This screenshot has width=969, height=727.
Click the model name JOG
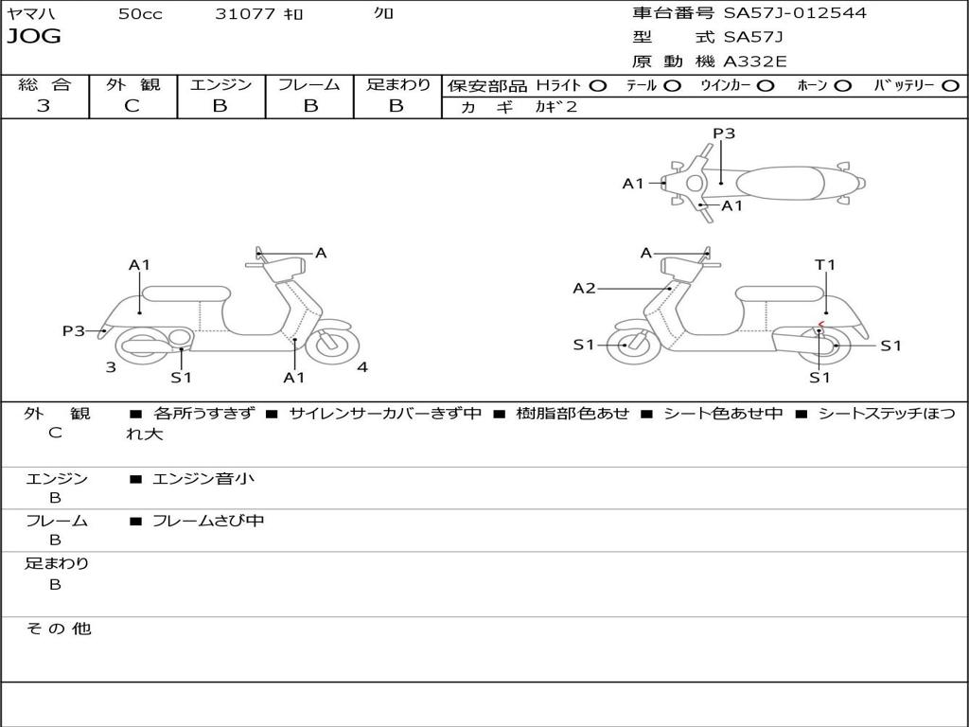(x=34, y=37)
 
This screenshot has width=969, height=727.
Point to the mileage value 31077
(x=245, y=14)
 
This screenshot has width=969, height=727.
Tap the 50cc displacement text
(x=140, y=14)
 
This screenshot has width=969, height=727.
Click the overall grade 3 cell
(x=44, y=106)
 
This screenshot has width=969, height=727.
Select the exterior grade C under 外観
(x=132, y=106)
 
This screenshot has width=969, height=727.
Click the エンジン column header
(x=220, y=85)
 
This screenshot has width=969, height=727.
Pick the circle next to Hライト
(x=598, y=86)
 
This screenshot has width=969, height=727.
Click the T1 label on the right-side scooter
(x=825, y=265)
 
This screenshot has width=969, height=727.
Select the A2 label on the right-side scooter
(x=585, y=289)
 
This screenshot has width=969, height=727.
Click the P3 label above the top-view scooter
(x=724, y=133)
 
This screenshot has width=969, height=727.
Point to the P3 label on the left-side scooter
(x=74, y=331)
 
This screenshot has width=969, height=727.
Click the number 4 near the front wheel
(x=362, y=367)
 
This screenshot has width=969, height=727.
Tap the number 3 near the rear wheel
(x=111, y=367)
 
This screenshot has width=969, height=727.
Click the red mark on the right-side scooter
(x=821, y=325)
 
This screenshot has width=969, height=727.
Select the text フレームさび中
(x=208, y=521)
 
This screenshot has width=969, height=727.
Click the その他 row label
(x=58, y=629)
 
